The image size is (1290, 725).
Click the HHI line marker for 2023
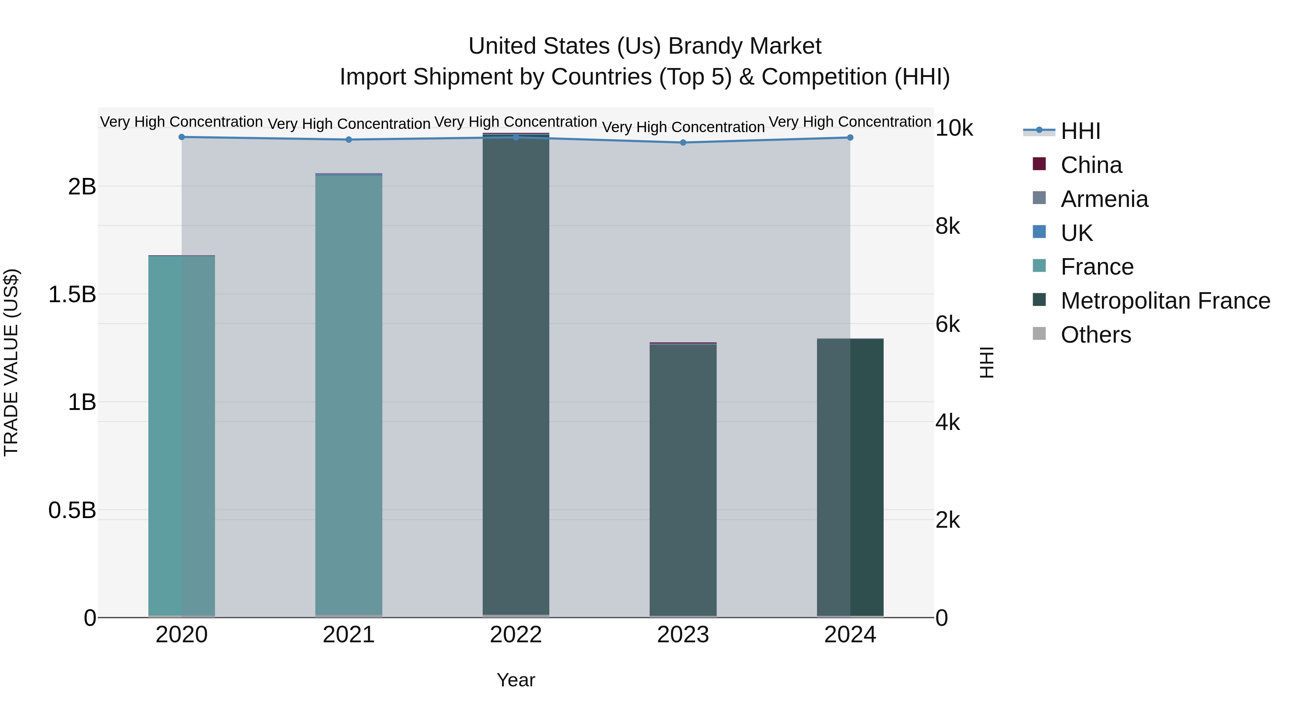[x=683, y=142]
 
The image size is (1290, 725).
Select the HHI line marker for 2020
[x=182, y=137]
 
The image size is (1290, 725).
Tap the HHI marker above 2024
[x=850, y=137]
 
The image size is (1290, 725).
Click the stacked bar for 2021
[x=349, y=395]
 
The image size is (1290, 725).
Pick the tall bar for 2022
[x=516, y=375]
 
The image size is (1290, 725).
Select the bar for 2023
[x=683, y=480]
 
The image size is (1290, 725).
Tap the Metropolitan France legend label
[x=1165, y=301]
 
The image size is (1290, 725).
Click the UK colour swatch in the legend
[x=1039, y=232]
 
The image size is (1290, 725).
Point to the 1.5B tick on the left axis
[x=72, y=294]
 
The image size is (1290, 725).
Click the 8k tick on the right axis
[x=947, y=226]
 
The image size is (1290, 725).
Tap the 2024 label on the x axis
[x=850, y=635]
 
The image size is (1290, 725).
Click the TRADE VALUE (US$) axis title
[x=11, y=362]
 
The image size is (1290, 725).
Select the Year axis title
[x=516, y=680]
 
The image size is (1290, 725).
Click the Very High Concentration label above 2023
[x=683, y=127]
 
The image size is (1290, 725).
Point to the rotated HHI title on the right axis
[x=986, y=362]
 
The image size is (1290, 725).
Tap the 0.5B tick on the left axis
[x=72, y=510]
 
